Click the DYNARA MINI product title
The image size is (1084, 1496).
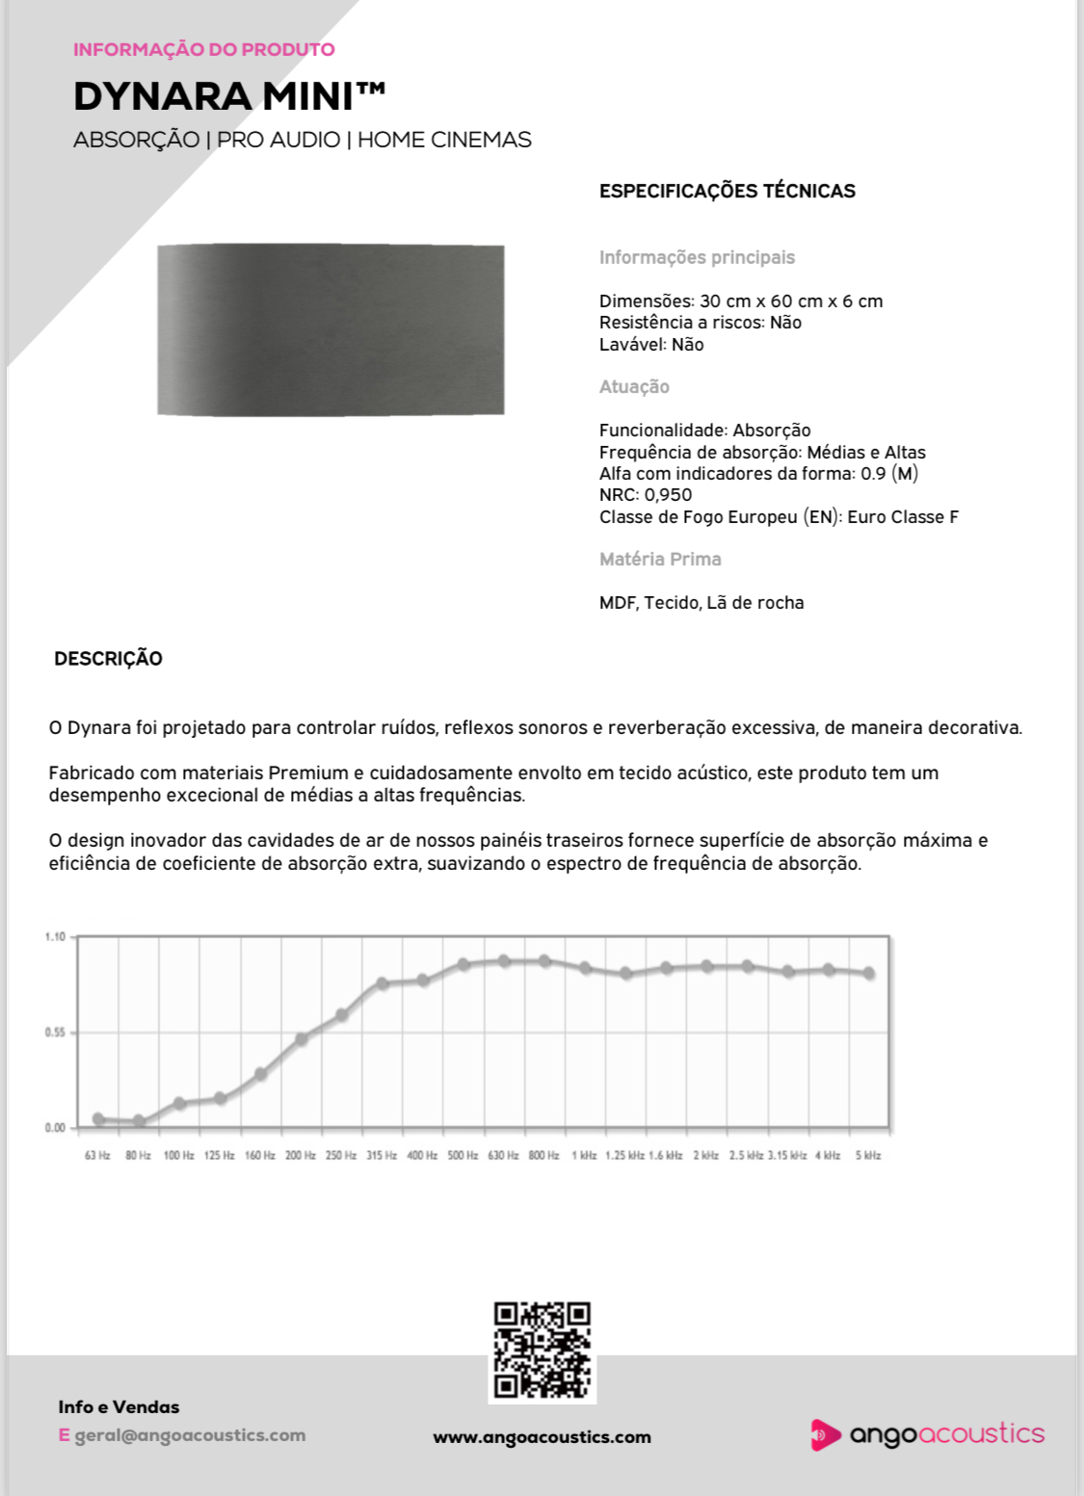point(229,97)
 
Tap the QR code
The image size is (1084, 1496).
point(542,1350)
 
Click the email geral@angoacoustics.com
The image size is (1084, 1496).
point(190,1435)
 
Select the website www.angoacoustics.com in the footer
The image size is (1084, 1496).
point(542,1437)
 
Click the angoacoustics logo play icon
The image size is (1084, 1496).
point(824,1434)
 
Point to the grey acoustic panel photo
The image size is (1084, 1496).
point(330,329)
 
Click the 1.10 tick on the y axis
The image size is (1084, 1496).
point(55,936)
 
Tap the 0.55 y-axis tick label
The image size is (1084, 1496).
point(55,1033)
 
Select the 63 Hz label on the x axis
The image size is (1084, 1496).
point(97,1155)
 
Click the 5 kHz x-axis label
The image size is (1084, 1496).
point(868,1155)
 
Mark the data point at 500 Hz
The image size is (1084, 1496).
point(463,964)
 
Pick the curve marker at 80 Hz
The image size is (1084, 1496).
point(139,1121)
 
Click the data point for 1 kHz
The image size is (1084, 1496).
point(585,968)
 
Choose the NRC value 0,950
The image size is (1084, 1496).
point(668,495)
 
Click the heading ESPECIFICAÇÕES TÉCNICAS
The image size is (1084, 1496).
point(727,191)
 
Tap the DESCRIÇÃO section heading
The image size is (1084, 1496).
point(108,659)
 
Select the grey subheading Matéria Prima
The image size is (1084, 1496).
point(660,559)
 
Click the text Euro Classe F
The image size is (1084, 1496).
point(903,517)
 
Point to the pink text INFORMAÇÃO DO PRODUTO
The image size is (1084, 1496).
point(204,49)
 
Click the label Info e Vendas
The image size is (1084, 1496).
point(119,1407)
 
